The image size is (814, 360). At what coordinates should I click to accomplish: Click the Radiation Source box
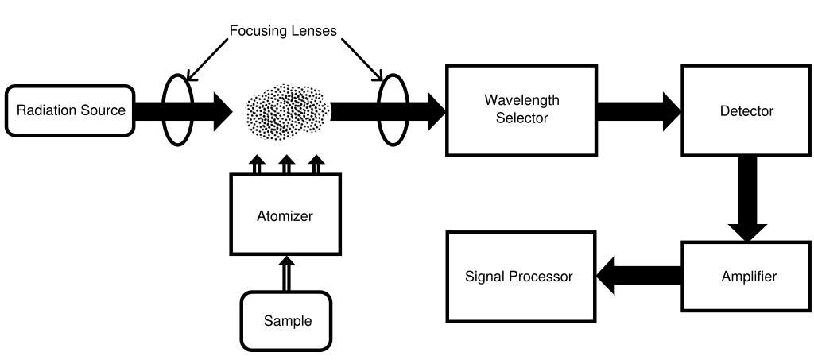click(x=71, y=110)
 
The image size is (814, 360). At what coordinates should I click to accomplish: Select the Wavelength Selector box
click(x=521, y=110)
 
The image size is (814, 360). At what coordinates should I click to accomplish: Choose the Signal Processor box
click(x=519, y=277)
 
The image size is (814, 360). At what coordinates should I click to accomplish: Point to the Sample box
click(x=287, y=321)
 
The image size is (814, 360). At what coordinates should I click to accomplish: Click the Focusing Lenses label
click(x=283, y=31)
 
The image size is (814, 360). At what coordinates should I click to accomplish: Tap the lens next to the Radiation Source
click(x=178, y=110)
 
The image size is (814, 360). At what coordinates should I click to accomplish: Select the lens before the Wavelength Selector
click(x=392, y=110)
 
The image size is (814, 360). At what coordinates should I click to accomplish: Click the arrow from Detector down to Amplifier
click(x=748, y=199)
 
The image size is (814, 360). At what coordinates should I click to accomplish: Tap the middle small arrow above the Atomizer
click(x=286, y=165)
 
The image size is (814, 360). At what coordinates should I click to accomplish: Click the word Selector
click(x=521, y=118)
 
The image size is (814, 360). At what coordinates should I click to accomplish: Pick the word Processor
click(x=545, y=277)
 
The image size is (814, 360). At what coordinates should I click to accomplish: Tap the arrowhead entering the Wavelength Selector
click(x=434, y=110)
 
